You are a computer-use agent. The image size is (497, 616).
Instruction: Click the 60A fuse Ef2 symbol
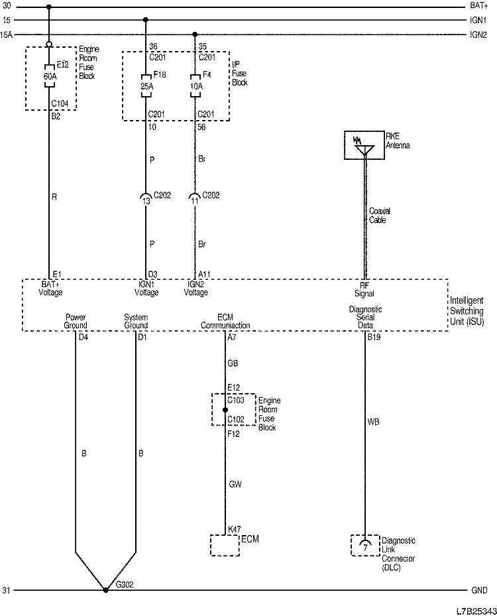(x=50, y=72)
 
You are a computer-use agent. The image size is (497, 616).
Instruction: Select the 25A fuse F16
(x=145, y=86)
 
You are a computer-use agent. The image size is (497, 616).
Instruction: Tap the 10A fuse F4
(x=195, y=86)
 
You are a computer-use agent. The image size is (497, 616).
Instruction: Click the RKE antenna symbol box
(x=364, y=146)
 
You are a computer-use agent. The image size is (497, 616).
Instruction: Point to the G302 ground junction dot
(x=105, y=589)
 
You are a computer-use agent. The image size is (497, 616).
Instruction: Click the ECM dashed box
(x=225, y=545)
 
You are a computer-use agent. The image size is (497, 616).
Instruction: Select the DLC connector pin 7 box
(x=364, y=544)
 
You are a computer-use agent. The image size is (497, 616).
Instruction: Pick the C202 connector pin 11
(x=195, y=198)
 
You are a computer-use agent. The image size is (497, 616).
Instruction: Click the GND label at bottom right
(x=478, y=589)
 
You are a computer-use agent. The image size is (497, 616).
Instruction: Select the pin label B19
(x=374, y=338)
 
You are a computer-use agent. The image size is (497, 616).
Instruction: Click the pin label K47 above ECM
(x=234, y=529)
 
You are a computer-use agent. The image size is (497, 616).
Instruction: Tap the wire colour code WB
(x=373, y=421)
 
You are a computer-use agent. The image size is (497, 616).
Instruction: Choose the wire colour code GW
(x=234, y=484)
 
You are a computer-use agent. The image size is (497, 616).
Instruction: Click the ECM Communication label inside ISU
(x=225, y=322)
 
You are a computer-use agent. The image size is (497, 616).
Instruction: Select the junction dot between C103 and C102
(x=225, y=410)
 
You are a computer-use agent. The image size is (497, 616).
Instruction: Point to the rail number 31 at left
(x=7, y=589)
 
